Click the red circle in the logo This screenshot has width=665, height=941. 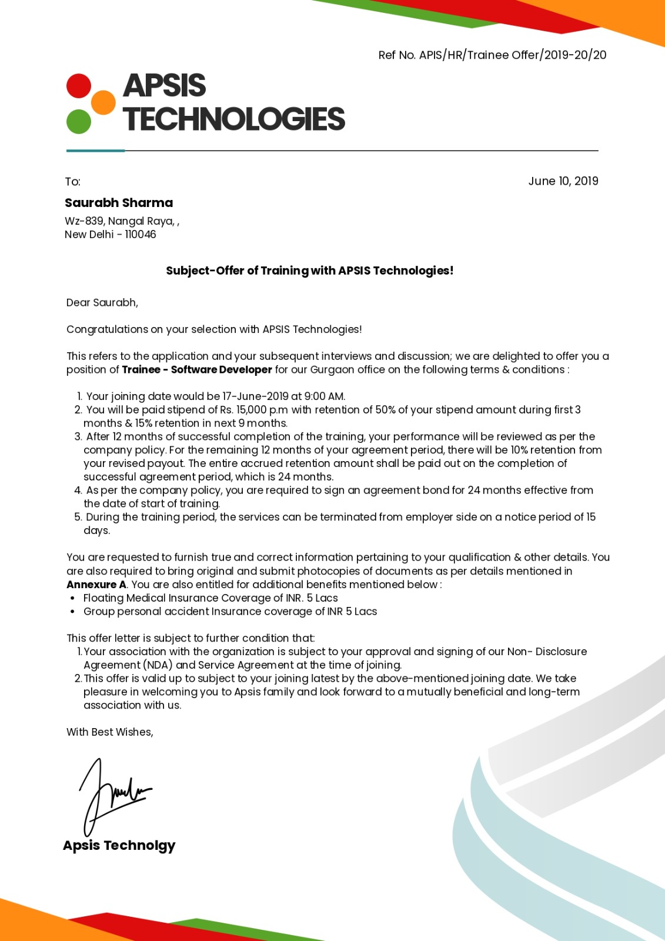pos(79,86)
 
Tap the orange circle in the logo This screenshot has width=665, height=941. pos(103,102)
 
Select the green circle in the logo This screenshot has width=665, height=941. pos(79,122)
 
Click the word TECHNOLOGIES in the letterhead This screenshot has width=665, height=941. pos(233,119)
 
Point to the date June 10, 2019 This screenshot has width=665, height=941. pos(563,181)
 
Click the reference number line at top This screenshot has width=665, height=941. pos(492,55)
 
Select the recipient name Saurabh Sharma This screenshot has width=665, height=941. pos(119,203)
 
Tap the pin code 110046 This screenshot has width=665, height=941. pos(141,235)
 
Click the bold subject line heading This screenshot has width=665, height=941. pos(309,271)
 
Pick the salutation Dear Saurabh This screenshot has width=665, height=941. pos(102,303)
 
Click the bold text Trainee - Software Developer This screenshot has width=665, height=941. pos(197,370)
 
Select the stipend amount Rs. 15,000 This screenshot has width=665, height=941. pos(243,410)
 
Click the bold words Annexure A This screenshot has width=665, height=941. pos(96,585)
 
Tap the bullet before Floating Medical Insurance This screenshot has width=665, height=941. pos(72,598)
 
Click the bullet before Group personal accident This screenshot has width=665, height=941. pos(72,612)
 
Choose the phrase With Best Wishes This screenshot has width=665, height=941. pos(109,732)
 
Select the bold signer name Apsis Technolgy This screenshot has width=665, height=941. pos(119,846)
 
